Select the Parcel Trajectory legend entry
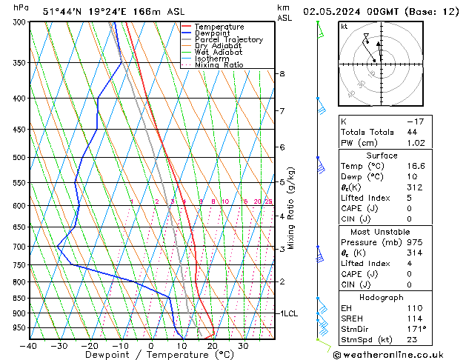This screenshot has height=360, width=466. pos(228,40)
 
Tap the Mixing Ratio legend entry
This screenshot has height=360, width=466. pos(219,65)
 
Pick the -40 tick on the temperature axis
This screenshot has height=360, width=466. pos(30,345)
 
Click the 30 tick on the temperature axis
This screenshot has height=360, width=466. pos(242,345)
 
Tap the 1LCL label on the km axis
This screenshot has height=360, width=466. pos(289,313)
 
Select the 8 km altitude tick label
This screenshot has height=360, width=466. pos(282,74)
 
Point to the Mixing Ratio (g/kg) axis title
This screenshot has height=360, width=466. pos(291,207)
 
